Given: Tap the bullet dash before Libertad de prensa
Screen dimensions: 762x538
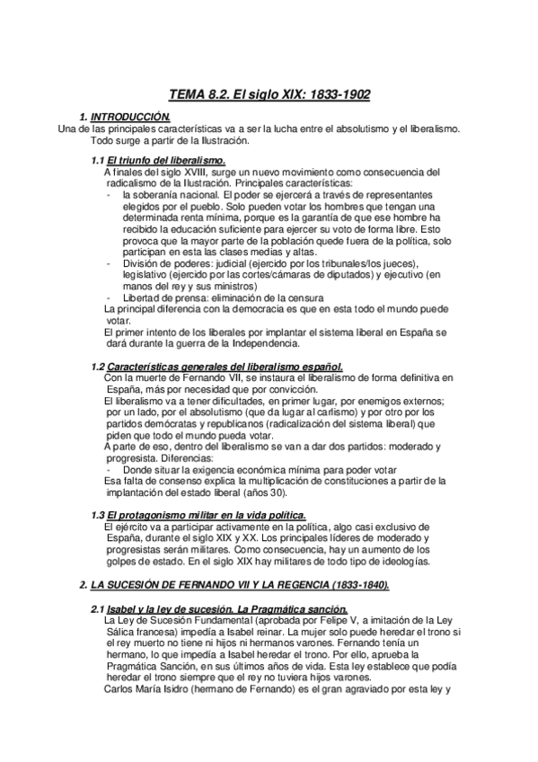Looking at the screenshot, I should [x=109, y=297].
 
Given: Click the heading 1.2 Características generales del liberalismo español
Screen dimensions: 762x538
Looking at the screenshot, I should [x=217, y=366].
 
